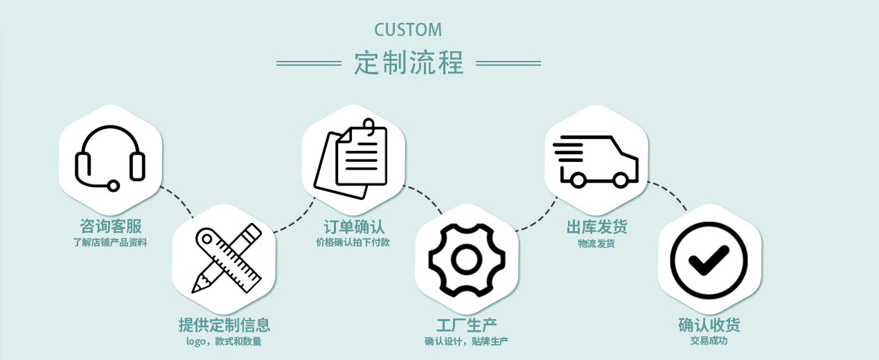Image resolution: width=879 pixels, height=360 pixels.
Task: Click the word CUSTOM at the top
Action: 408,30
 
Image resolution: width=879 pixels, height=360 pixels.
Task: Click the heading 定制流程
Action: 409,63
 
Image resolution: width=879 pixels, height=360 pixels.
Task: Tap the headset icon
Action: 110,157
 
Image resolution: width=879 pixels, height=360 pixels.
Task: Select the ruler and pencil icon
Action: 227,258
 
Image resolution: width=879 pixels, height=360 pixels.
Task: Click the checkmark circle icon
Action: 709,259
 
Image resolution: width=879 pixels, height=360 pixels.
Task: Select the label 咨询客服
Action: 110,226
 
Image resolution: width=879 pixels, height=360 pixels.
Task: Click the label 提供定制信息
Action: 224,325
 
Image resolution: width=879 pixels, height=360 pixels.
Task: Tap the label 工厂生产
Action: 466,325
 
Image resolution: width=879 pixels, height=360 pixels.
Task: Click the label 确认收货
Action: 709,325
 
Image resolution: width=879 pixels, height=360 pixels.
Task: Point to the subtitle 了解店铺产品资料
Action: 110,242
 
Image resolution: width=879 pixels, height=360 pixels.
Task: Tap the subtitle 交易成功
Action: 709,341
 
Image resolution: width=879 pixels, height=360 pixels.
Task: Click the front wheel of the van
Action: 621,180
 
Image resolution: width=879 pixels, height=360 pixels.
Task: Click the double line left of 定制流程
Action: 309,63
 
